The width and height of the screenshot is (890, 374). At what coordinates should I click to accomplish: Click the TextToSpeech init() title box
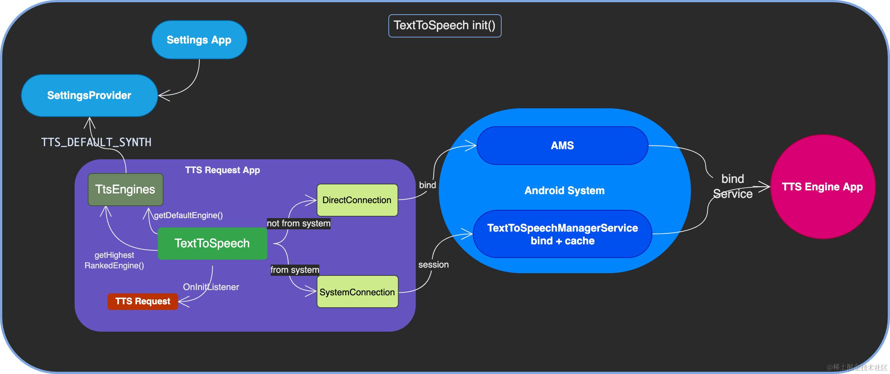[x=445, y=25]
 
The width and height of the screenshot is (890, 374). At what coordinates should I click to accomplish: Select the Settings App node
[x=199, y=40]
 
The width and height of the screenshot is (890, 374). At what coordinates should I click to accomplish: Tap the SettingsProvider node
[x=89, y=95]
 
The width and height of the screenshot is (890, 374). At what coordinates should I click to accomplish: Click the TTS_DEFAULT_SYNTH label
[x=96, y=142]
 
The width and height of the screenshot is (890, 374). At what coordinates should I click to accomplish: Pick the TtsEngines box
[x=125, y=189]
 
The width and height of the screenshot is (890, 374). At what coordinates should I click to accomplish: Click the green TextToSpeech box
[x=212, y=243]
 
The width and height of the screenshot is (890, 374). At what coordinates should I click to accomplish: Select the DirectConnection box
[x=357, y=200]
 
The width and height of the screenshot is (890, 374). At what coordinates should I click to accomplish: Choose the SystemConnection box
[x=357, y=292]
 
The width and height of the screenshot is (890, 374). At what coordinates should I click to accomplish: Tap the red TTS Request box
[x=142, y=301]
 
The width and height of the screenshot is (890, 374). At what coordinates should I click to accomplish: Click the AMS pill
[x=562, y=145]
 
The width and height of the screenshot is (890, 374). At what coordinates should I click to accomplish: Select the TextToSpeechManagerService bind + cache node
[x=562, y=234]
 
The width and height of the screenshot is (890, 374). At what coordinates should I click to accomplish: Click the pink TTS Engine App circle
[x=823, y=187]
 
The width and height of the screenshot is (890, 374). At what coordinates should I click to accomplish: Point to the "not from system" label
[x=298, y=223]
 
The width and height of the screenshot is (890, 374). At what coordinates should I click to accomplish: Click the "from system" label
[x=295, y=270]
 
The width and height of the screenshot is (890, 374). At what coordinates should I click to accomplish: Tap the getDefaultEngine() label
[x=188, y=215]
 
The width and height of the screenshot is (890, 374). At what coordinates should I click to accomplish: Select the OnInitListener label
[x=211, y=287]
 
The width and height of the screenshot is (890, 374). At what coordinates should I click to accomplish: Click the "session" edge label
[x=433, y=265]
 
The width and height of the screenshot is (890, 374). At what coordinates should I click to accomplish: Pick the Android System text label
[x=565, y=190]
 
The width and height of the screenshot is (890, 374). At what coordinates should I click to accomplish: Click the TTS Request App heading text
[x=222, y=170]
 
